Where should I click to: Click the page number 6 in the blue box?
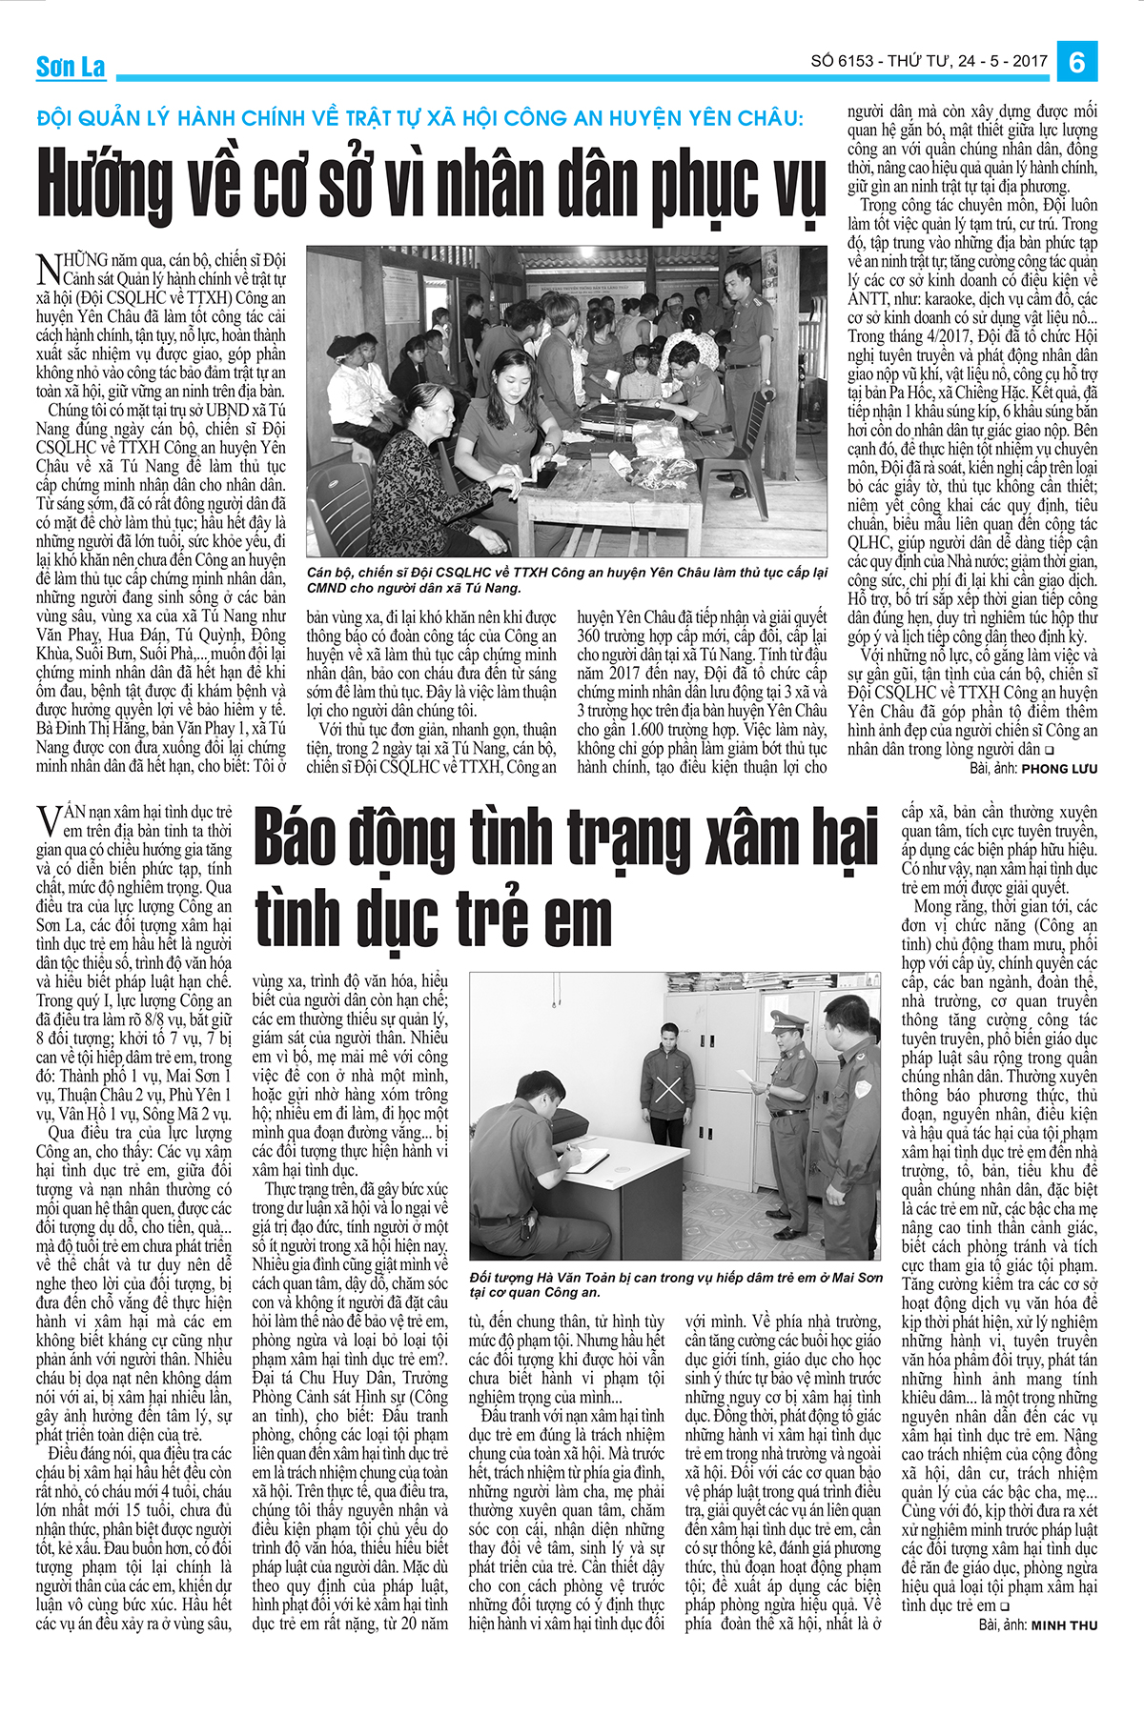click(x=1078, y=62)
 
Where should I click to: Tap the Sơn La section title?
click(x=71, y=67)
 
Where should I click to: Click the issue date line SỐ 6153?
click(x=929, y=61)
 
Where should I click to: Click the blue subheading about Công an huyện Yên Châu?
click(x=420, y=118)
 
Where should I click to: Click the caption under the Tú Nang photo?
click(x=567, y=580)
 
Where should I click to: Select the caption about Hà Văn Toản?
click(x=676, y=1284)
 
